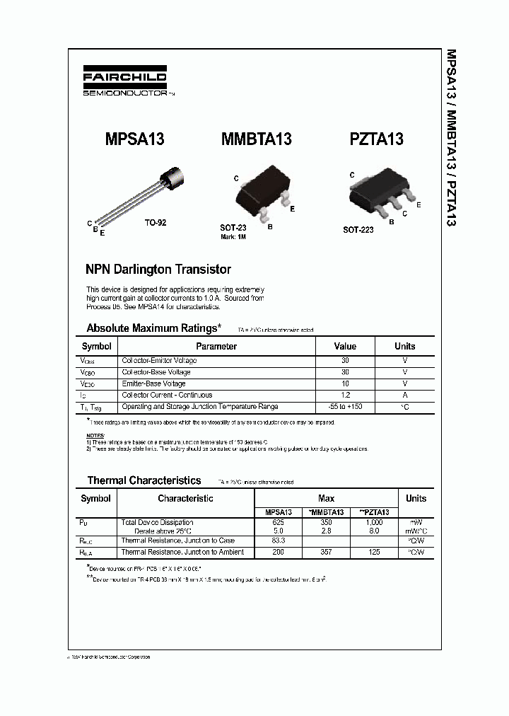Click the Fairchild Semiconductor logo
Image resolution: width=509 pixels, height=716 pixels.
pyautogui.click(x=126, y=83)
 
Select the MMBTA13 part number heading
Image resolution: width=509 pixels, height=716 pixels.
pyautogui.click(x=257, y=139)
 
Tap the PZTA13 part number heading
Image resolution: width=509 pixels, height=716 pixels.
pyautogui.click(x=376, y=139)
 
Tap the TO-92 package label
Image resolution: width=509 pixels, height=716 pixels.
pyautogui.click(x=156, y=222)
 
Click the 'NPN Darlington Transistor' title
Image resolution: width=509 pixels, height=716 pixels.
pyautogui.click(x=158, y=270)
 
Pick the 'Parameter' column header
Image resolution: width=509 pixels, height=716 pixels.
pyautogui.click(x=216, y=347)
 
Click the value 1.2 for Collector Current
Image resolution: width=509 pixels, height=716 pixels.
pyautogui.click(x=345, y=395)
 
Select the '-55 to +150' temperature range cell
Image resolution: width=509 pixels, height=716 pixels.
pyautogui.click(x=345, y=407)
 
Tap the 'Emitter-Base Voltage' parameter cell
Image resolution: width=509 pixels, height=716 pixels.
pyautogui.click(x=153, y=383)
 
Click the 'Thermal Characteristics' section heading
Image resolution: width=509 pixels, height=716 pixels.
pyautogui.click(x=144, y=480)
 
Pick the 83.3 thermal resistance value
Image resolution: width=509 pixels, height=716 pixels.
pyautogui.click(x=277, y=541)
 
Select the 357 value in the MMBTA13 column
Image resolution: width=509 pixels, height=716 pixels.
pyautogui.click(x=327, y=552)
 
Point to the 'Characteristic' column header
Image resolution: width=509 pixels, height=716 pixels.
pyautogui.click(x=185, y=499)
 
